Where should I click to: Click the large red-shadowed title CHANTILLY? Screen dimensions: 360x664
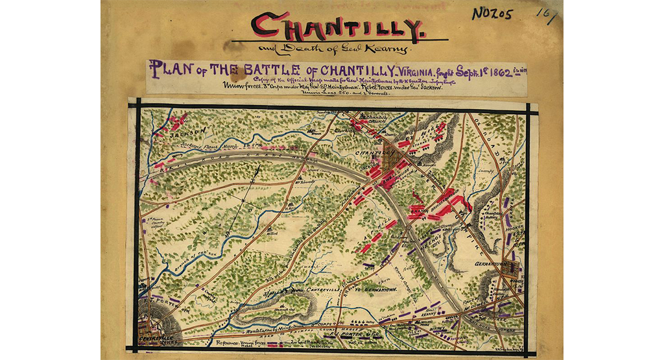[x=338, y=28]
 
